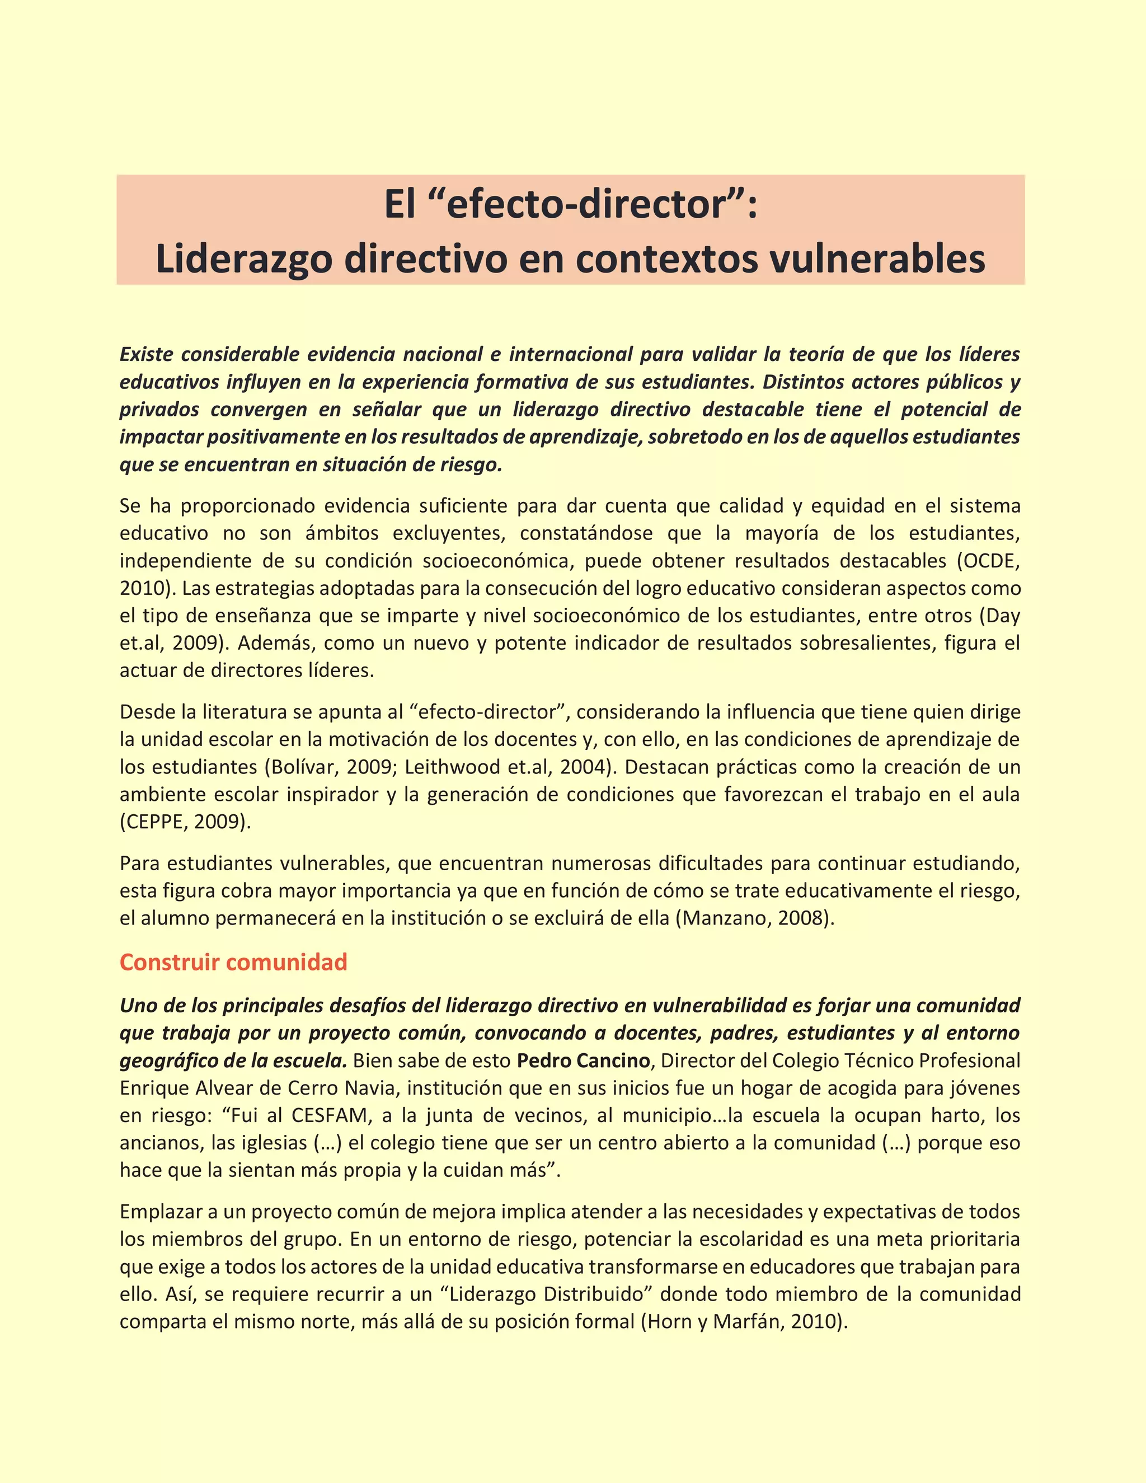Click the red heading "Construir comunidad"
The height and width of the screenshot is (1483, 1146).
tap(233, 962)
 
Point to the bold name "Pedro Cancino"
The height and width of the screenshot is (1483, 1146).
tap(583, 1060)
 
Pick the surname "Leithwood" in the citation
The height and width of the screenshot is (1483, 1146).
tap(452, 767)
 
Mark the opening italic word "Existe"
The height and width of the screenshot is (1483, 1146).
tap(146, 354)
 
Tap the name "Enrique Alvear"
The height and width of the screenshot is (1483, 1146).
tap(187, 1088)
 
